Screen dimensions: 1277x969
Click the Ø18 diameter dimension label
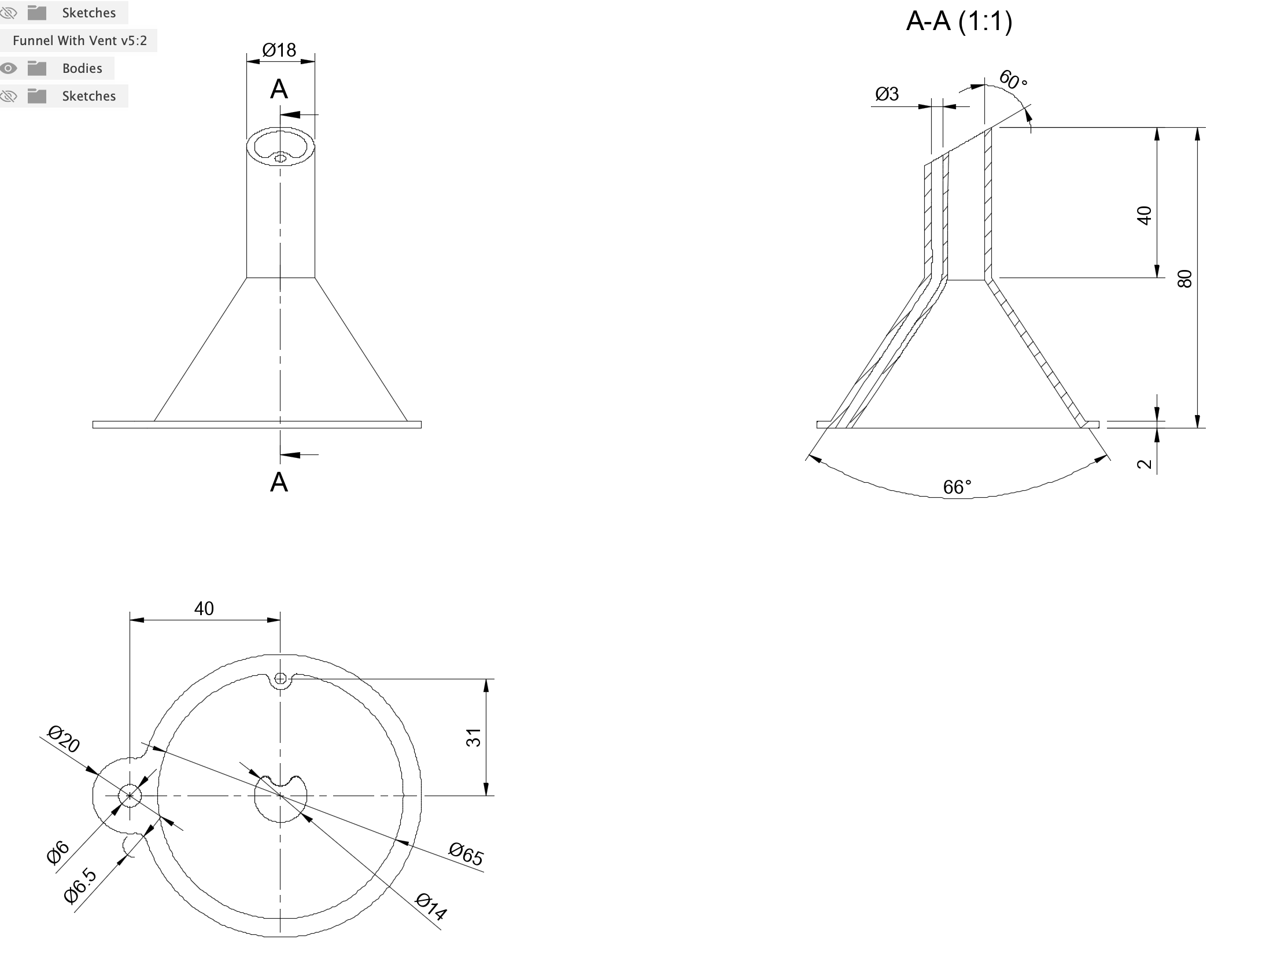coord(279,50)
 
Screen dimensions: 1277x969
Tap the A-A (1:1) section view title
coord(959,21)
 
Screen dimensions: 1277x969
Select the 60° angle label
coord(1013,80)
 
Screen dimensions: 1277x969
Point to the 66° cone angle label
coord(957,487)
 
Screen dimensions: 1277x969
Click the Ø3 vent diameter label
coord(887,94)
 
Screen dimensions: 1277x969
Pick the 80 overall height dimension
coord(1185,279)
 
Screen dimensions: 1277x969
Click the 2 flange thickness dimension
coord(1145,464)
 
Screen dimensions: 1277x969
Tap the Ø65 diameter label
coord(466,854)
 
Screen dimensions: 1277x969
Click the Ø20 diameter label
coord(64,739)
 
